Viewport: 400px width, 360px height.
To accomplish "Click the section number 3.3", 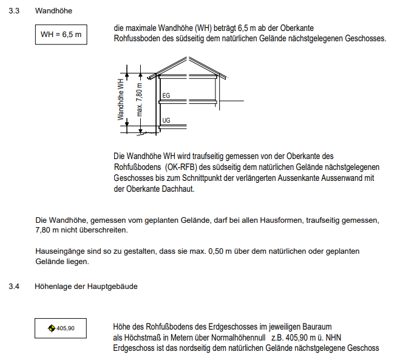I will point(22,10).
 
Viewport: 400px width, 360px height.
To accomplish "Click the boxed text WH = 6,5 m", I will point(61,35).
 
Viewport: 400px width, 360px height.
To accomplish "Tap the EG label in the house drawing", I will point(166,95).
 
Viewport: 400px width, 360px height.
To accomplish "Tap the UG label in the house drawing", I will point(166,121).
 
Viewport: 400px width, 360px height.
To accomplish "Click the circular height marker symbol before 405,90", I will point(51,328).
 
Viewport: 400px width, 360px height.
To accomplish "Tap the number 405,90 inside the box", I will point(65,328).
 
